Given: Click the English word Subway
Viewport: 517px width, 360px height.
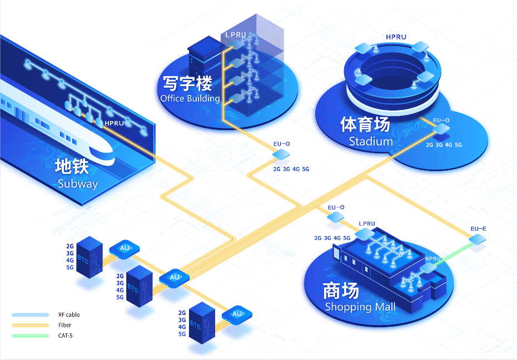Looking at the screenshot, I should point(77,183).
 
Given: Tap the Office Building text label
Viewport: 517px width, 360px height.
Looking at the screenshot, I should point(190,99).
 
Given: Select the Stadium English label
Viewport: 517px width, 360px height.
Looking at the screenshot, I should point(371,141).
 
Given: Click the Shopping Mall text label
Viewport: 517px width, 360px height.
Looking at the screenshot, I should point(360,307).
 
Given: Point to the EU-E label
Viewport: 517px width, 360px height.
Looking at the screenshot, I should point(478,228).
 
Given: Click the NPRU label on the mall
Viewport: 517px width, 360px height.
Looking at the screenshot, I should point(433,259).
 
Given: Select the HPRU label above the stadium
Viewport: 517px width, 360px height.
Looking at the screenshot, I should point(396,37).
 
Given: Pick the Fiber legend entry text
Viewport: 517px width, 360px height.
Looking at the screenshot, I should point(64,325).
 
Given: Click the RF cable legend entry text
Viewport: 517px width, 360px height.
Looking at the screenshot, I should point(69,314).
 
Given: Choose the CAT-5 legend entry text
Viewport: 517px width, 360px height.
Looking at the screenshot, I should point(65,336).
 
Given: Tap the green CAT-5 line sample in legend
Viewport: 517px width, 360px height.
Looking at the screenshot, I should point(31,336).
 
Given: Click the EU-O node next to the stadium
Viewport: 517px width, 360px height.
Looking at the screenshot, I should point(441,129).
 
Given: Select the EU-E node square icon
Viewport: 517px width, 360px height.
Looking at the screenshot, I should point(477,239).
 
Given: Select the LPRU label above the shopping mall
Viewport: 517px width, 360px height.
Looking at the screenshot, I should point(367,224).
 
